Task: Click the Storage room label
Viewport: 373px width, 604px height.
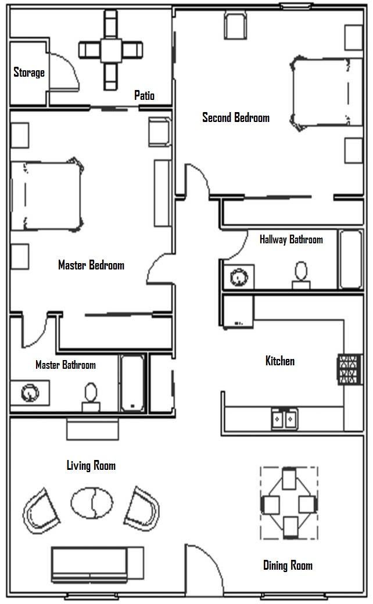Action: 29,73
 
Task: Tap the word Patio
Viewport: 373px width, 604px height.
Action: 144,95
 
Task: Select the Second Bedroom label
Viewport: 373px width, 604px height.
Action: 236,117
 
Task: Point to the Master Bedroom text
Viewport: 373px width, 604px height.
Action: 91,265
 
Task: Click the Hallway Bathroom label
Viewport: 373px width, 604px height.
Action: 291,239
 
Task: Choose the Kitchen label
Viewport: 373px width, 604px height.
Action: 280,361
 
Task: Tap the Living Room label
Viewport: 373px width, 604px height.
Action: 91,465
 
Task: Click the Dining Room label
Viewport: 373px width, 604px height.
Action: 288,565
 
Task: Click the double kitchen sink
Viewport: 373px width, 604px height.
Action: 285,418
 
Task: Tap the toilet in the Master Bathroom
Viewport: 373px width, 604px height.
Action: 91,396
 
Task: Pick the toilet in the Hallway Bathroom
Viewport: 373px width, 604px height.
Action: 301,275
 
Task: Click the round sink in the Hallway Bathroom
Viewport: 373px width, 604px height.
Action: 238,276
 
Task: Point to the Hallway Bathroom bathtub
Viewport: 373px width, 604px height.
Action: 351,260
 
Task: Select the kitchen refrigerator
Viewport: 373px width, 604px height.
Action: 239,311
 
